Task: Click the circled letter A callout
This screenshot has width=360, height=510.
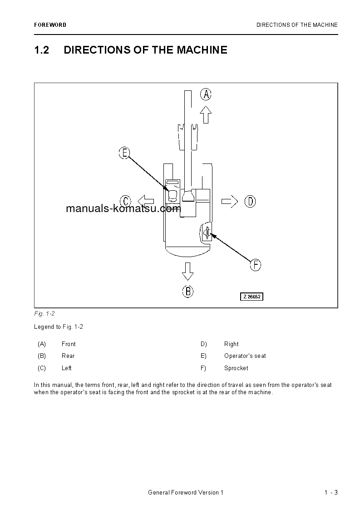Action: tap(206, 94)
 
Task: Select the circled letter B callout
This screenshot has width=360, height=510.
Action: tap(188, 291)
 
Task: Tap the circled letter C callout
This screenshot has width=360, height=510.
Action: tap(126, 201)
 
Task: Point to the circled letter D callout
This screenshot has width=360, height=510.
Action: tap(250, 201)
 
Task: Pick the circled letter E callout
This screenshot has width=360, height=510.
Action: tap(124, 153)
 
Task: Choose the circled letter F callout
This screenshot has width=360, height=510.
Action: tap(256, 265)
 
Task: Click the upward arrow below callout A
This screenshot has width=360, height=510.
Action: tap(206, 114)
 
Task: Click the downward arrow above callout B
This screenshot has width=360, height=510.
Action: tap(187, 271)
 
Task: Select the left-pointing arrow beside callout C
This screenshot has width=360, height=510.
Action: tap(146, 201)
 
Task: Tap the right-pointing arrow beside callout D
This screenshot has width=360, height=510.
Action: tap(230, 201)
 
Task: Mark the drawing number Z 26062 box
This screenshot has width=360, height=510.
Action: tap(252, 297)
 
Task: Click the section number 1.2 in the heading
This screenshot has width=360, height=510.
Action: tap(41, 50)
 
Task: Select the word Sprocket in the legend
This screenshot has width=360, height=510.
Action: tap(236, 368)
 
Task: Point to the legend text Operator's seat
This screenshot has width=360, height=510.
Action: tap(245, 356)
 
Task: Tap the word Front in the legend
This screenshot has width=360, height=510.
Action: tap(69, 344)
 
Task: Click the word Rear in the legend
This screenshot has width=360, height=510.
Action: tap(68, 356)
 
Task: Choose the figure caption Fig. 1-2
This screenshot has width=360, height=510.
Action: tap(44, 314)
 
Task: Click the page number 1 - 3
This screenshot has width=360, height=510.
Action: tap(331, 493)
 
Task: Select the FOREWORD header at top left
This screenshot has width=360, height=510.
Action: tap(50, 25)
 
